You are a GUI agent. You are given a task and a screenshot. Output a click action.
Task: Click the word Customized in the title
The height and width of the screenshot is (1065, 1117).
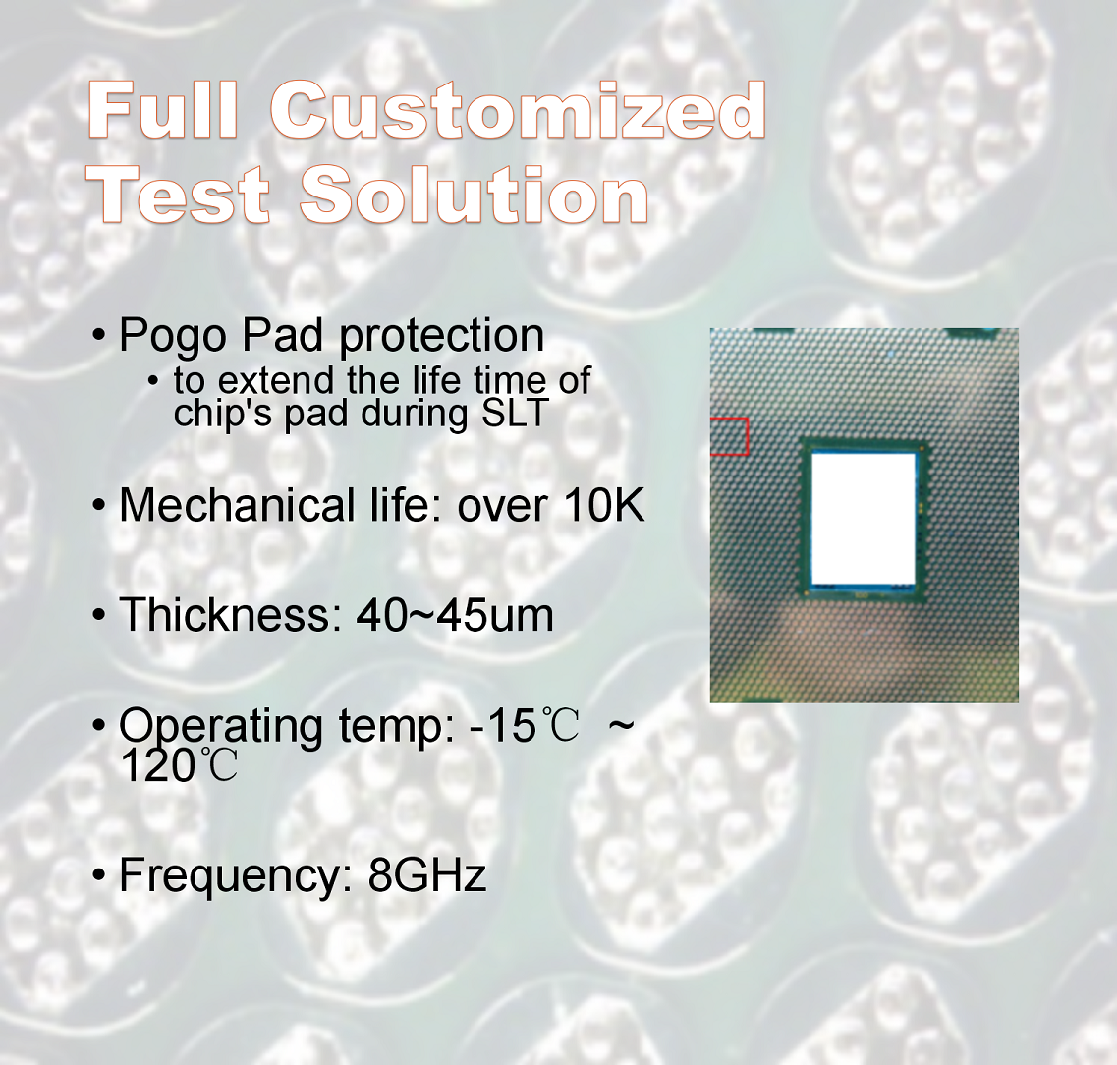518,110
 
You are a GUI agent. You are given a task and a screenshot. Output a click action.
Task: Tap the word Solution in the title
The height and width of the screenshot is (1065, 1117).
475,195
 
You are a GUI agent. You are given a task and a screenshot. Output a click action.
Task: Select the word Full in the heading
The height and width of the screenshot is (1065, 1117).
162,109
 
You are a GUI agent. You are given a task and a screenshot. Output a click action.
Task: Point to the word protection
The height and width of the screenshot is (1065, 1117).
442,335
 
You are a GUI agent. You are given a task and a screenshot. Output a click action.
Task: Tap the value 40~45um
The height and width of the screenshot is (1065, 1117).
455,615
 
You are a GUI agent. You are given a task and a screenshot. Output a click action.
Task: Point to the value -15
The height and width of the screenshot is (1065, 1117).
502,726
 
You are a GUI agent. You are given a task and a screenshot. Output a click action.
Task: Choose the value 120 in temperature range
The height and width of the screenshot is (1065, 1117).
157,766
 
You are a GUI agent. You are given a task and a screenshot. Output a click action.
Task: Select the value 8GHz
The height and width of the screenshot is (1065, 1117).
427,874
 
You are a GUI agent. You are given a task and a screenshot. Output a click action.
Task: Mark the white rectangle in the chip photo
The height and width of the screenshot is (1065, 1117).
864,519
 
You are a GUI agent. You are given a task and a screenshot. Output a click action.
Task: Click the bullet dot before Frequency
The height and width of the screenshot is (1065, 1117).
99,874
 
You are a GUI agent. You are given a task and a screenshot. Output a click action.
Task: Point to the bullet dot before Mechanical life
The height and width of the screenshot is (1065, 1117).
99,505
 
